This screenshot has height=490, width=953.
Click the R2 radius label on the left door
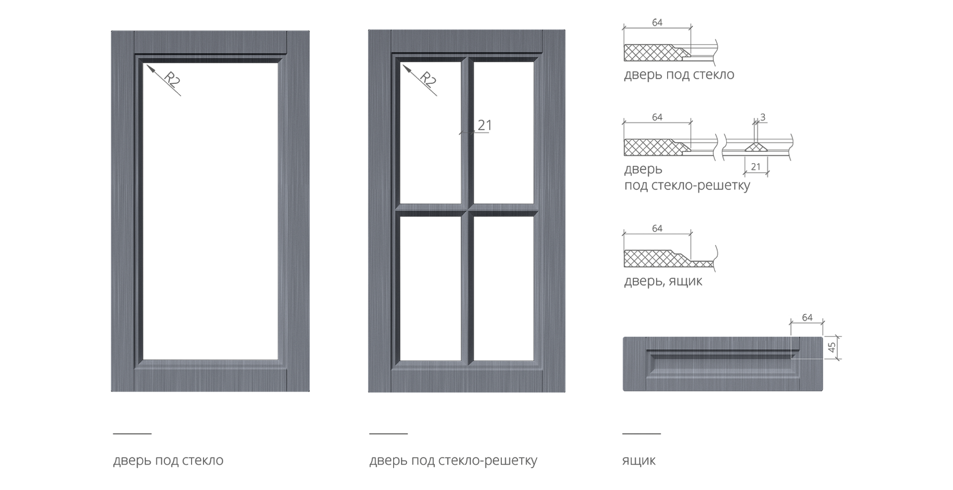click(172, 80)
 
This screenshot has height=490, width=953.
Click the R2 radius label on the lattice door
click(428, 80)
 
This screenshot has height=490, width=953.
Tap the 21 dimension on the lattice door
click(483, 125)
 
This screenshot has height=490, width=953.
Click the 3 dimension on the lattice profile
click(762, 118)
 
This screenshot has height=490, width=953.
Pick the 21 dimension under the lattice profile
click(755, 167)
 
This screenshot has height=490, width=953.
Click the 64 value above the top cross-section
click(657, 23)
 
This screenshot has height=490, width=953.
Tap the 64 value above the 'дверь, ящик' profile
click(657, 229)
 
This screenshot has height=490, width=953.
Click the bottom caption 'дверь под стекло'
click(168, 461)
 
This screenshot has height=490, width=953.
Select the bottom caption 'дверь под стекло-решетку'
click(453, 461)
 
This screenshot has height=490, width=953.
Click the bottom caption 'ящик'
click(639, 461)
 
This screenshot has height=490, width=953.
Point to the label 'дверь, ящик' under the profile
click(663, 281)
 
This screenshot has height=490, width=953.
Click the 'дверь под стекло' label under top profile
click(679, 75)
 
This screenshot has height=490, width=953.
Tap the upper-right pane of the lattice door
click(503, 132)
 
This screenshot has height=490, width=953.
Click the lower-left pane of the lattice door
click(430, 288)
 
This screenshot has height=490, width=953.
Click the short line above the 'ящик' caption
click(641, 433)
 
